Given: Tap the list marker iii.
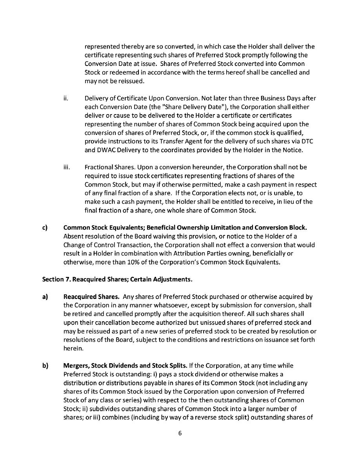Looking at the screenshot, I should tap(67, 167).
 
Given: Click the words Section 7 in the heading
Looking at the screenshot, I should tap(55, 280).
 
